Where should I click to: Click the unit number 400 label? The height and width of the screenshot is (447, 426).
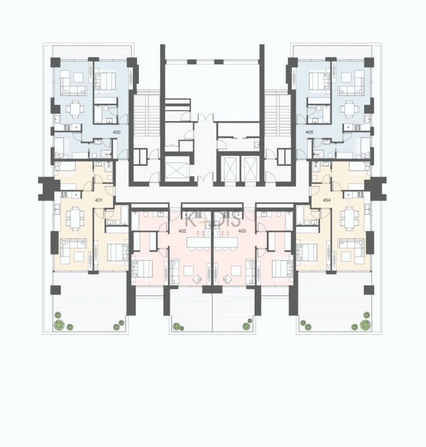(116, 133)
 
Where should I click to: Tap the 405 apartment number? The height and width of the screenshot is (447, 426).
(309, 133)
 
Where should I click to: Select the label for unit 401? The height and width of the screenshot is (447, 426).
(99, 200)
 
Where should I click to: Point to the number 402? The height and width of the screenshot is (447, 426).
(182, 230)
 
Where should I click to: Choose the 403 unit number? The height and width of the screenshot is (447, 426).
(242, 230)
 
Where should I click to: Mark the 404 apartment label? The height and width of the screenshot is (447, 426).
(326, 200)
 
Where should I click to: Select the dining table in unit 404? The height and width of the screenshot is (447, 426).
(350, 216)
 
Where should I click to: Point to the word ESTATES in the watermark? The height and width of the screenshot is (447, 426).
(212, 234)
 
